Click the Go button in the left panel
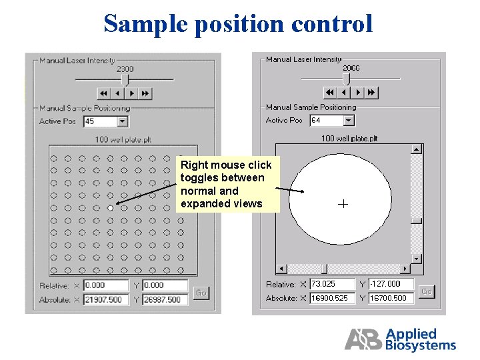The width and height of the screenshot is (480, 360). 201,293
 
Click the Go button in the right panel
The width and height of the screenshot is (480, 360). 427,291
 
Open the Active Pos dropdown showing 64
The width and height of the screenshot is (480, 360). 332,121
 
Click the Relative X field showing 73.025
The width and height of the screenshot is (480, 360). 332,284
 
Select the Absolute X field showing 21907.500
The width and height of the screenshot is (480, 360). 106,300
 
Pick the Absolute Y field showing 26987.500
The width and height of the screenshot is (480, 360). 165,300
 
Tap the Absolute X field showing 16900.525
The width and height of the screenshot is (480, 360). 332,298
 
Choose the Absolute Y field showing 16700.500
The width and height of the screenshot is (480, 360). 391,298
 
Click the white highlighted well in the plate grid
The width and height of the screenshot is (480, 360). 111,208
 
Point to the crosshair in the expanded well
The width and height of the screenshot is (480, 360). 343,204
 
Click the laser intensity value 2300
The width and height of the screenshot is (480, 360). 125,69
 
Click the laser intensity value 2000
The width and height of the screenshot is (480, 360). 351,68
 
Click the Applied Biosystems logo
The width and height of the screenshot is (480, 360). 400,339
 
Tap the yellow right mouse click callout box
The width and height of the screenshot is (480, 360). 227,184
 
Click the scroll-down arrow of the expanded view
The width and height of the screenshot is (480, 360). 417,258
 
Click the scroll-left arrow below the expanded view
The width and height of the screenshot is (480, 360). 281,269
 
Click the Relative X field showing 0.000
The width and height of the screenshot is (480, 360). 106,285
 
